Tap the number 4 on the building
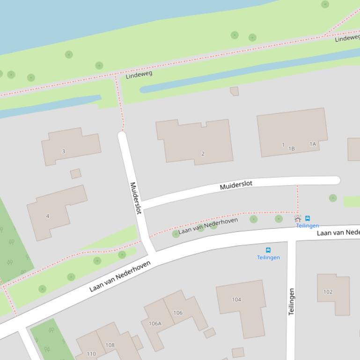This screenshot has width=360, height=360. [48, 216]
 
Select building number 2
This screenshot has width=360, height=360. [203, 153]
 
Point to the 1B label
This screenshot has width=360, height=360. [292, 149]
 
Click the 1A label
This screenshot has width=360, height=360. [313, 144]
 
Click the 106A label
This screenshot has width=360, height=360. [155, 323]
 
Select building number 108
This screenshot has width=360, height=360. [110, 345]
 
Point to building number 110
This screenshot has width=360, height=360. [91, 354]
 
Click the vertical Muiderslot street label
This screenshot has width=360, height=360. [135, 198]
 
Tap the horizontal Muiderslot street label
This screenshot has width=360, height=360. [236, 185]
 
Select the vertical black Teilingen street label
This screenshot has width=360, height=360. [292, 302]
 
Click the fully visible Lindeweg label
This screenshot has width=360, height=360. [139, 74]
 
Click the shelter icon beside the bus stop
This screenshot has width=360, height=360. [298, 219]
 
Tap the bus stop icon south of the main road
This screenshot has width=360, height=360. [268, 250]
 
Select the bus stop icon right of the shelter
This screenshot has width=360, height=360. [308, 218]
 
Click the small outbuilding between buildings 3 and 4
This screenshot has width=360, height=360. [75, 174]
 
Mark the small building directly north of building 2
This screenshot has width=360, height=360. [235, 91]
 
